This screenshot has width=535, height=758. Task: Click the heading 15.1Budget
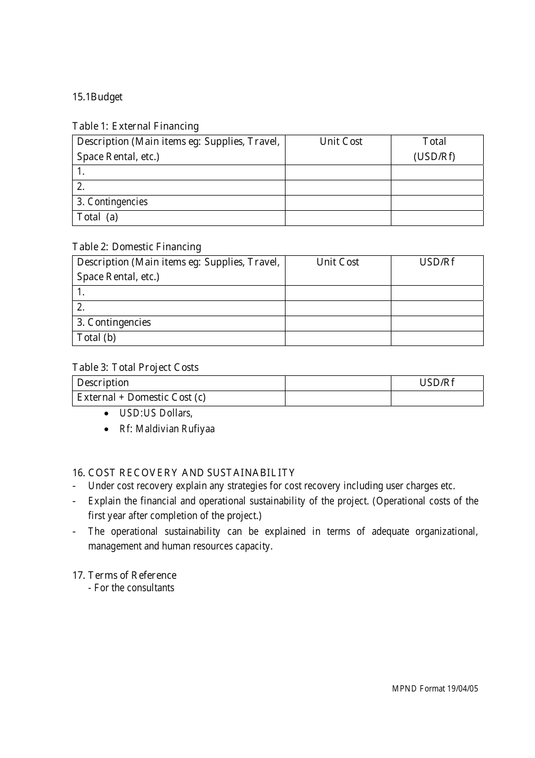[97, 97]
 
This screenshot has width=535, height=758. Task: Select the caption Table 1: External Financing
[135, 126]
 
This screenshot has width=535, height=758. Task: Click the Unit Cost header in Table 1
[341, 142]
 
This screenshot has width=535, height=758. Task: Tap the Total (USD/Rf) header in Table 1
[434, 149]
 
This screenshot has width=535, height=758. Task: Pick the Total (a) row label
[97, 218]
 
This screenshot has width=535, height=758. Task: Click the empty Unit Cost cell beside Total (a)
[338, 218]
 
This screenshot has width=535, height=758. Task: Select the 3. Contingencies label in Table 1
[112, 202]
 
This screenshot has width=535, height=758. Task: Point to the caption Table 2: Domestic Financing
[136, 247]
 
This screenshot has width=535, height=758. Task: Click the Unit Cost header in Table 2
[337, 263]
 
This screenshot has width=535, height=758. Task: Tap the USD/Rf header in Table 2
[437, 263]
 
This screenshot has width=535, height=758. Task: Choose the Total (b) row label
[96, 338]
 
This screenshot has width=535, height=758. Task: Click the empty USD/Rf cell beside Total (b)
[437, 338]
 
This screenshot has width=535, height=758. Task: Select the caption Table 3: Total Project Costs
[135, 367]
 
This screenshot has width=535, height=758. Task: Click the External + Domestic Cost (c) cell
[141, 398]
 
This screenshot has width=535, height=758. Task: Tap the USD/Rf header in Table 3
[437, 383]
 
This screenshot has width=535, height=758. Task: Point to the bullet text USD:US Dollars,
[155, 414]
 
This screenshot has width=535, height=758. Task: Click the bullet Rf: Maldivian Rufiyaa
[167, 429]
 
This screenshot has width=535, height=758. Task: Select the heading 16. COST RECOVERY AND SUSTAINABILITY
[183, 473]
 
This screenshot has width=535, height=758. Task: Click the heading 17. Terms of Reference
[124, 575]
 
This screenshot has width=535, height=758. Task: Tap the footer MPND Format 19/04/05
[435, 689]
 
